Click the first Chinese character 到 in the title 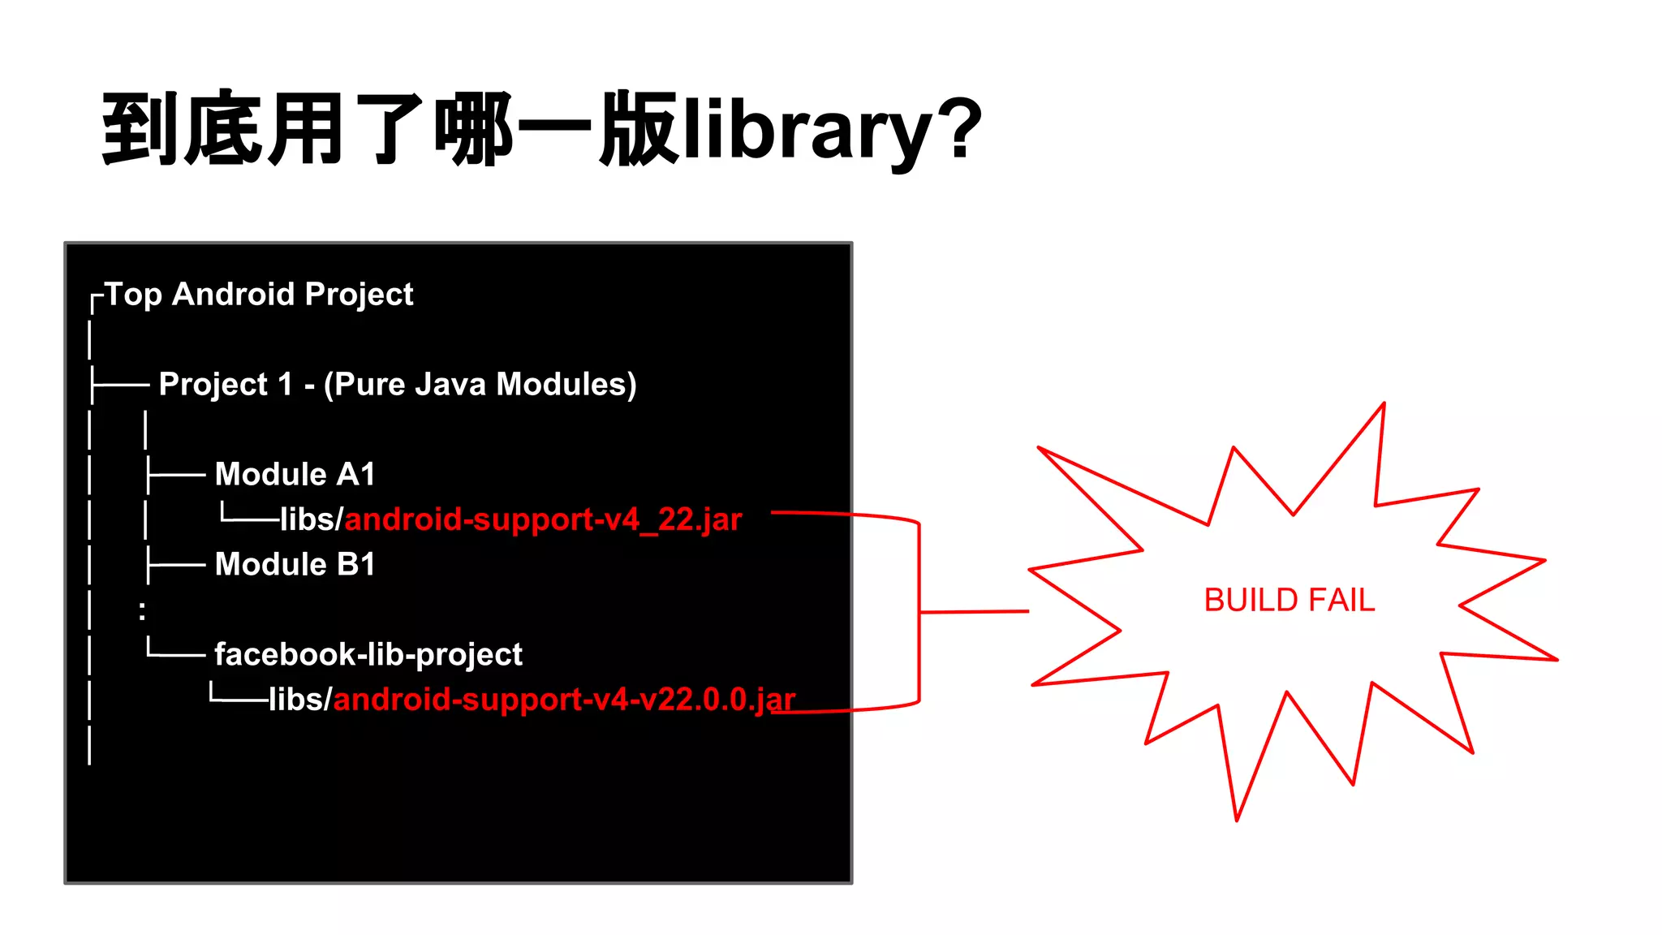(x=140, y=128)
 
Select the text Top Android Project (x=259, y=294)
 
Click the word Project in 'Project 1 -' (x=213, y=384)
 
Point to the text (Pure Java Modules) (x=480, y=384)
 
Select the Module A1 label (x=295, y=474)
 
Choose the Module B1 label (x=295, y=564)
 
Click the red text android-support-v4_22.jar (x=543, y=519)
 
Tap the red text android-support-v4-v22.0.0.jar (x=564, y=700)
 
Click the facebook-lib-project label (x=368, y=654)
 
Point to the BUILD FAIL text (x=1290, y=601)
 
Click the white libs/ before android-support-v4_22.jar (x=312, y=519)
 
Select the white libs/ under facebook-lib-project (x=300, y=700)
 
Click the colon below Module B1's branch (x=143, y=610)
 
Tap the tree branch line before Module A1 (x=175, y=475)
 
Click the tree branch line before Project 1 (x=120, y=384)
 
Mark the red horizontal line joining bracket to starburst (x=974, y=612)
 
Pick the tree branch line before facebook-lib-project (x=175, y=651)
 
